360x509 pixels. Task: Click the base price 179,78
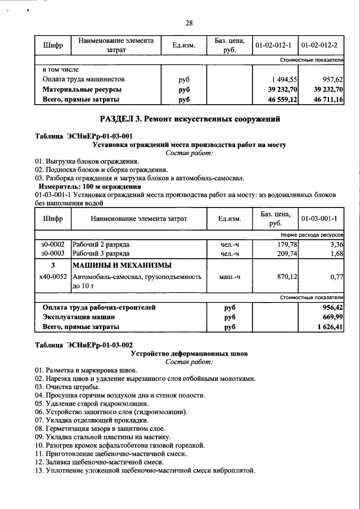(286, 244)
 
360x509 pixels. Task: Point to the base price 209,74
(286, 254)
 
